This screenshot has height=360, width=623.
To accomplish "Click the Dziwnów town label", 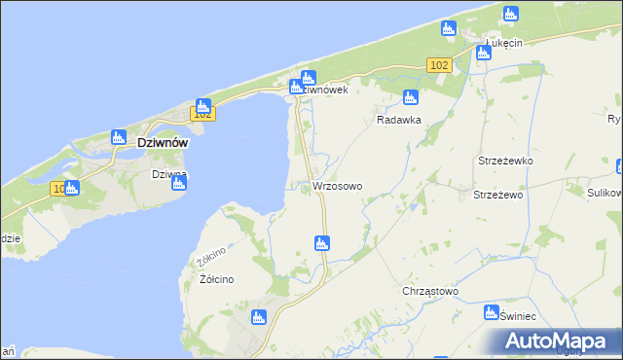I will [x=149, y=141].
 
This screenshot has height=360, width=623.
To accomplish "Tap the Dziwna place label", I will [x=168, y=175].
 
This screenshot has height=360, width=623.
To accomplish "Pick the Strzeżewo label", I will [x=498, y=195].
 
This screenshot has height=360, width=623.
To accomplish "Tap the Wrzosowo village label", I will [x=338, y=186].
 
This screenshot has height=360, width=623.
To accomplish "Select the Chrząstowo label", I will [x=430, y=291].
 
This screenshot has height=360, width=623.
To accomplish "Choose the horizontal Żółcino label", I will [x=216, y=279].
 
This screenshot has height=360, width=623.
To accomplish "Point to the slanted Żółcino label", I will [x=211, y=257].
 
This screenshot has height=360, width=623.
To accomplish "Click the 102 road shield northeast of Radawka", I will [x=438, y=64].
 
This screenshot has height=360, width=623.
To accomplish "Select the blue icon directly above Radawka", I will [x=411, y=97].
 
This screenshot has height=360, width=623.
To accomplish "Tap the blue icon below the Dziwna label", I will [x=178, y=183].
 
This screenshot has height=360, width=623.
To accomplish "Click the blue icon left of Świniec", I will [x=492, y=313].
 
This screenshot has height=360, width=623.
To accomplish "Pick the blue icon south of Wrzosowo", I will [x=321, y=243].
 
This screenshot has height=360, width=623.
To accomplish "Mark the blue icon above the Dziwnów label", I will [x=118, y=138].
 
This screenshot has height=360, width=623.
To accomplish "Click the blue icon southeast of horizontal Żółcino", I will [x=259, y=316].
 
